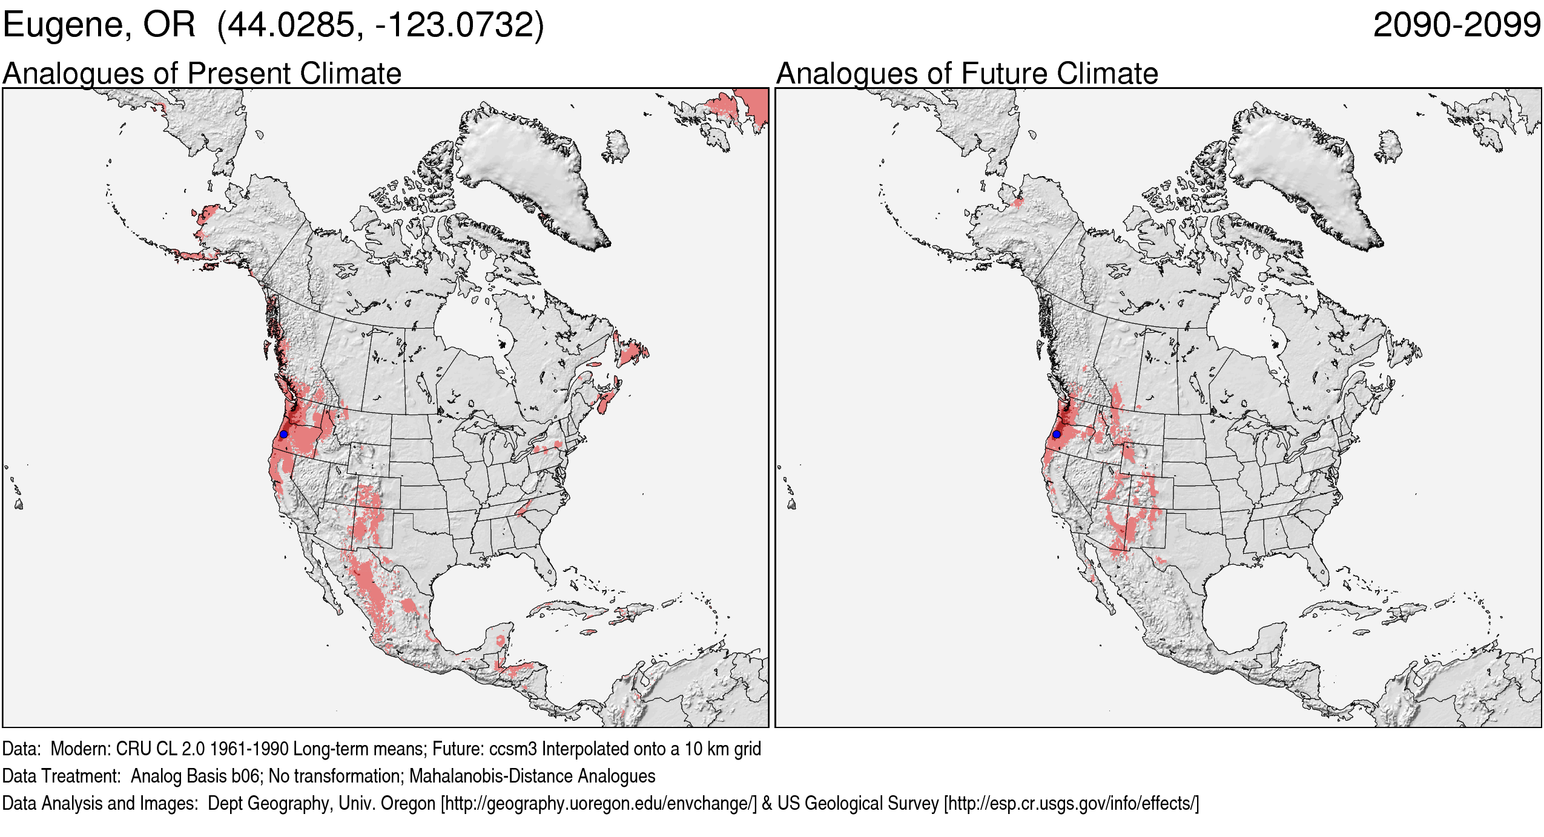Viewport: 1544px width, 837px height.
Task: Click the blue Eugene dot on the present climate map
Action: tap(283, 435)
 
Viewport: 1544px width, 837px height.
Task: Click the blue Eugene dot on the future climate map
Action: tap(1057, 435)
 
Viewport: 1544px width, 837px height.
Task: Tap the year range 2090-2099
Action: tap(1456, 25)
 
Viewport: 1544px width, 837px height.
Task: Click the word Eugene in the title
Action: tap(67, 25)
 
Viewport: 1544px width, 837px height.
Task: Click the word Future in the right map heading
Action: tap(1005, 74)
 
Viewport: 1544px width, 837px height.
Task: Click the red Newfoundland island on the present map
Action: tap(632, 351)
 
